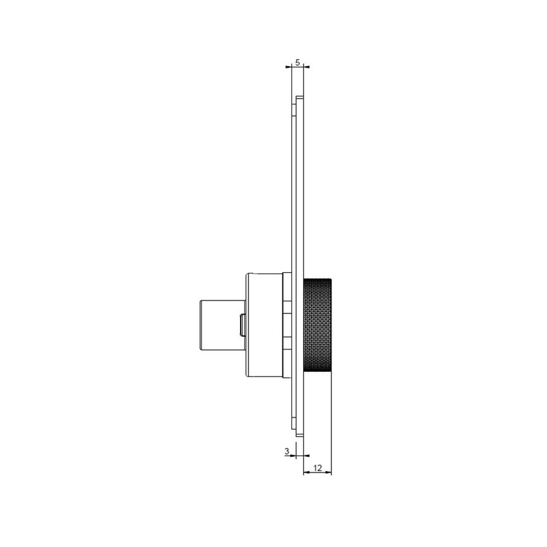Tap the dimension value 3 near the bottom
click(x=286, y=451)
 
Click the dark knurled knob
click(x=318, y=324)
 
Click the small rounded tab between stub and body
click(x=242, y=324)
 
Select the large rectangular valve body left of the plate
click(x=264, y=324)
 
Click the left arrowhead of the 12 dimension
click(x=305, y=474)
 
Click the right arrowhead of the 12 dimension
click(x=329, y=474)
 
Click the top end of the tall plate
click(x=300, y=97)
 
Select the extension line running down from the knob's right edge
click(x=332, y=425)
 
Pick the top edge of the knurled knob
click(x=318, y=277)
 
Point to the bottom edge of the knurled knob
click(x=318, y=373)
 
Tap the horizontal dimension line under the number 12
click(x=317, y=474)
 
